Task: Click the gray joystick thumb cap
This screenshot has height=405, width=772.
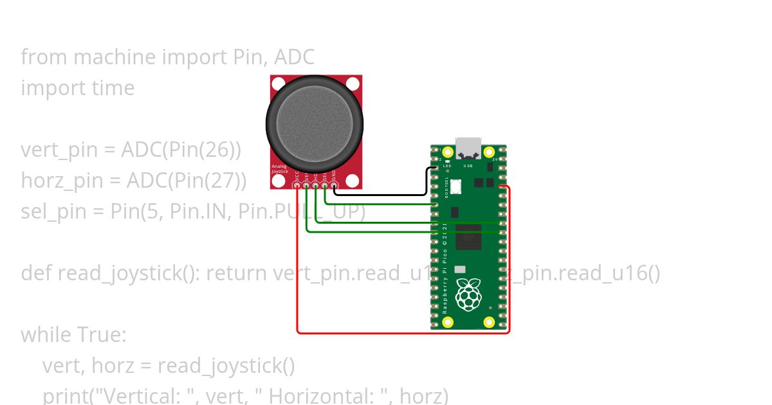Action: coord(315,122)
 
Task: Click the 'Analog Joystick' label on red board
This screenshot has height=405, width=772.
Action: coord(279,169)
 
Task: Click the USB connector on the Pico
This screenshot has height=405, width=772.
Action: coord(468,148)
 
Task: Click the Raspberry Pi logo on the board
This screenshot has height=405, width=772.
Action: coord(468,295)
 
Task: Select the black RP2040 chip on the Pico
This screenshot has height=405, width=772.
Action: coord(468,237)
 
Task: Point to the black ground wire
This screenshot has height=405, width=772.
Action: coord(380,194)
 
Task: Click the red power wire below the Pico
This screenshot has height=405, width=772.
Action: coord(399,333)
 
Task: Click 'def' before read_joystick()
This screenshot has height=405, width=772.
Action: coord(37,273)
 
